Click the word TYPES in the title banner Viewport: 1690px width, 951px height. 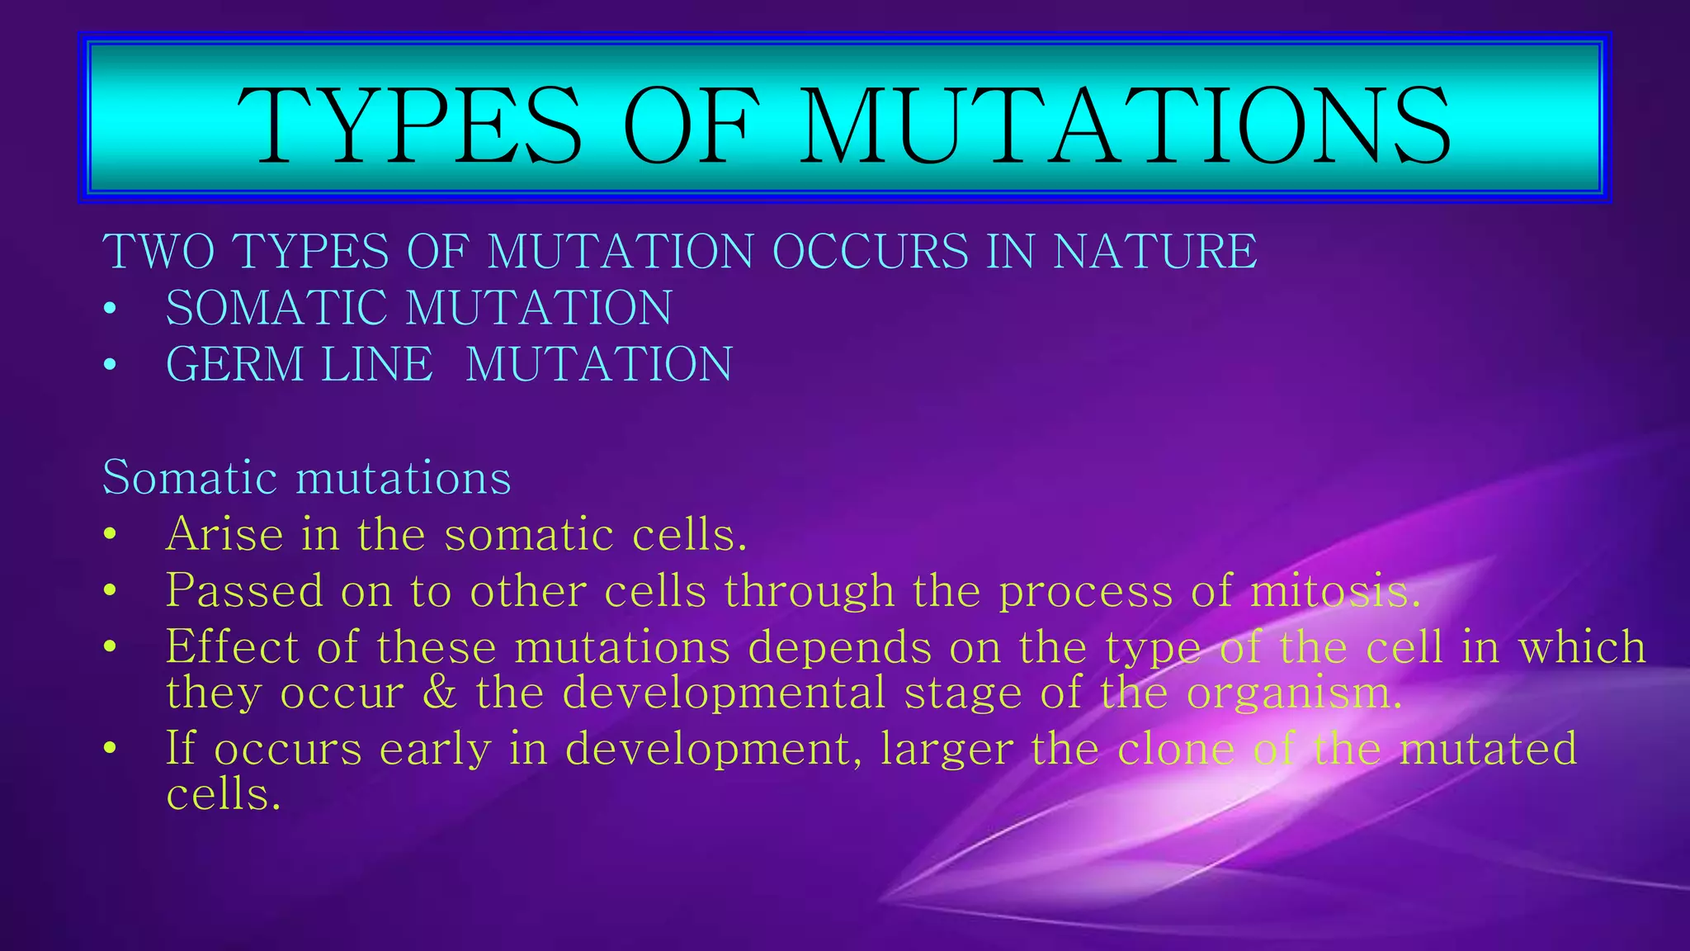click(x=410, y=125)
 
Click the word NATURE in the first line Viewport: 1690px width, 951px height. click(x=1154, y=251)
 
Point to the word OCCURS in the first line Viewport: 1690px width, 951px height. click(x=870, y=251)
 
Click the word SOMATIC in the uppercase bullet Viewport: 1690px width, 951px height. click(x=276, y=308)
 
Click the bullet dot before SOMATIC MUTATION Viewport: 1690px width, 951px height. click(x=110, y=310)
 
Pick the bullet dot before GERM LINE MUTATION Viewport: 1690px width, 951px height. click(x=110, y=367)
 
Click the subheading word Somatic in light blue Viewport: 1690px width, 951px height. click(x=190, y=477)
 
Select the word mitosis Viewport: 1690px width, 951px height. click(x=1335, y=591)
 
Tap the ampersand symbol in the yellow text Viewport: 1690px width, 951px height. click(x=440, y=692)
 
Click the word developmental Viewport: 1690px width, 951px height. click(x=724, y=692)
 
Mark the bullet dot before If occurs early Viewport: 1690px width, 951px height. click(x=110, y=750)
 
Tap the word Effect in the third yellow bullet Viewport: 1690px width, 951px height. click(x=232, y=646)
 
